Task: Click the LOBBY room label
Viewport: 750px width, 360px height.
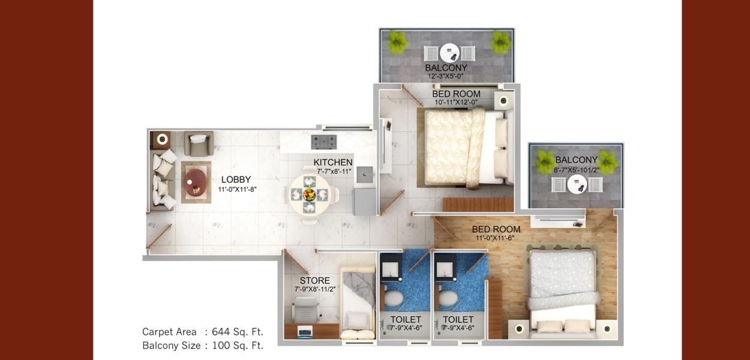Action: coord(236,179)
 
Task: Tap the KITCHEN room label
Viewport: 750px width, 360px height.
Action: coord(333,163)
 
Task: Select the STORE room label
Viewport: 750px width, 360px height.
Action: coord(315,280)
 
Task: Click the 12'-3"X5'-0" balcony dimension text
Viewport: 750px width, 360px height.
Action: coord(446,76)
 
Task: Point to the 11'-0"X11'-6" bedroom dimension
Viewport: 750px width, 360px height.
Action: coord(495,238)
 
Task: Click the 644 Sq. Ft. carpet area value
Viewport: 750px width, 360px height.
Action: coord(238,332)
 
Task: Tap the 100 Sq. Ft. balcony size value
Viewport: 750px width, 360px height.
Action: coord(238,345)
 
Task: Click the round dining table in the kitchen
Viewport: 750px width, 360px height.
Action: coord(310,194)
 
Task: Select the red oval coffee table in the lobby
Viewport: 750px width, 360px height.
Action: coord(196,182)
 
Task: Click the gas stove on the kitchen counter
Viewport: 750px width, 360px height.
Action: coord(324,142)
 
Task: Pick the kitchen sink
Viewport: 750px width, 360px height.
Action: coord(365,175)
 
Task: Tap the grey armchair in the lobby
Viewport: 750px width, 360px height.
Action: coord(199,143)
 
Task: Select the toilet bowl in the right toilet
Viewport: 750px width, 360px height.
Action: coord(448,298)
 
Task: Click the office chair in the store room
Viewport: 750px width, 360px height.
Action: coord(305,310)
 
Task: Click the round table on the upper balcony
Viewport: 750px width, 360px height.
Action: coord(449,53)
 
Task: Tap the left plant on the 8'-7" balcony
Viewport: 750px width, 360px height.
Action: coord(545,162)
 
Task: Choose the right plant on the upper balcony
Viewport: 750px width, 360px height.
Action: coord(501,42)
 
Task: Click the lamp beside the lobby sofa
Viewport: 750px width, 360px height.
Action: coord(162,139)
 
